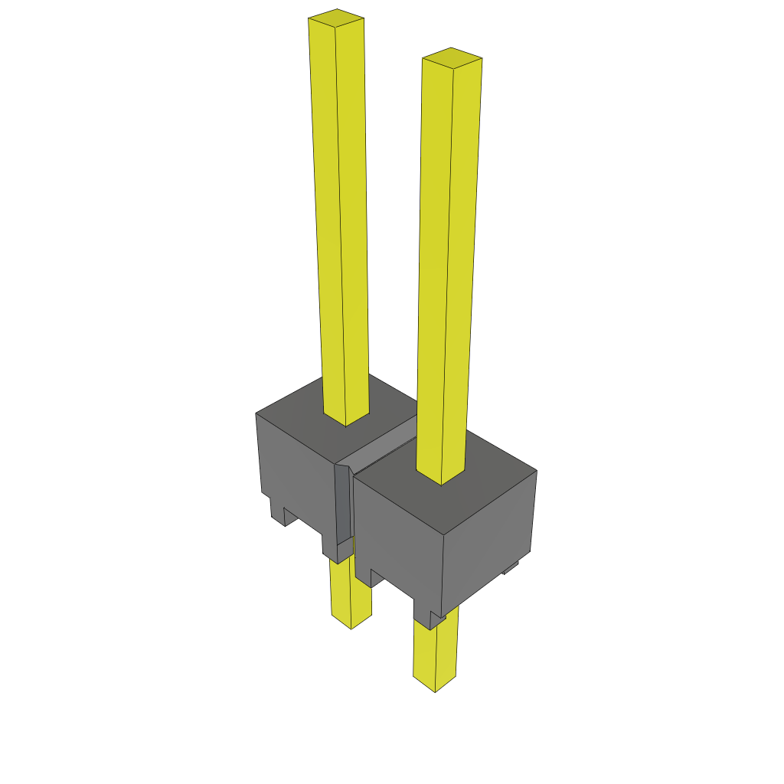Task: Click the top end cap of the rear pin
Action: click(336, 17)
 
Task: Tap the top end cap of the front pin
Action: click(452, 57)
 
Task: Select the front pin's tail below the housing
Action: click(435, 651)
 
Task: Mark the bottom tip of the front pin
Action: click(435, 686)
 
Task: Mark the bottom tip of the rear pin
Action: click(351, 623)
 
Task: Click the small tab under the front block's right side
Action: click(510, 568)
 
